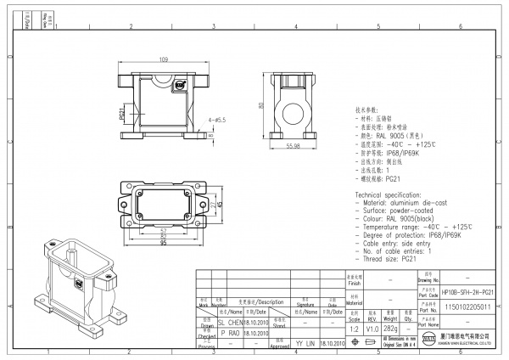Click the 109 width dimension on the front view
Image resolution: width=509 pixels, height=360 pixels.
163,59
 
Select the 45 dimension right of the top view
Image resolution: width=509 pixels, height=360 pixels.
219,204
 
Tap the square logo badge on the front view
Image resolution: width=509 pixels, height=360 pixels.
179,85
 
